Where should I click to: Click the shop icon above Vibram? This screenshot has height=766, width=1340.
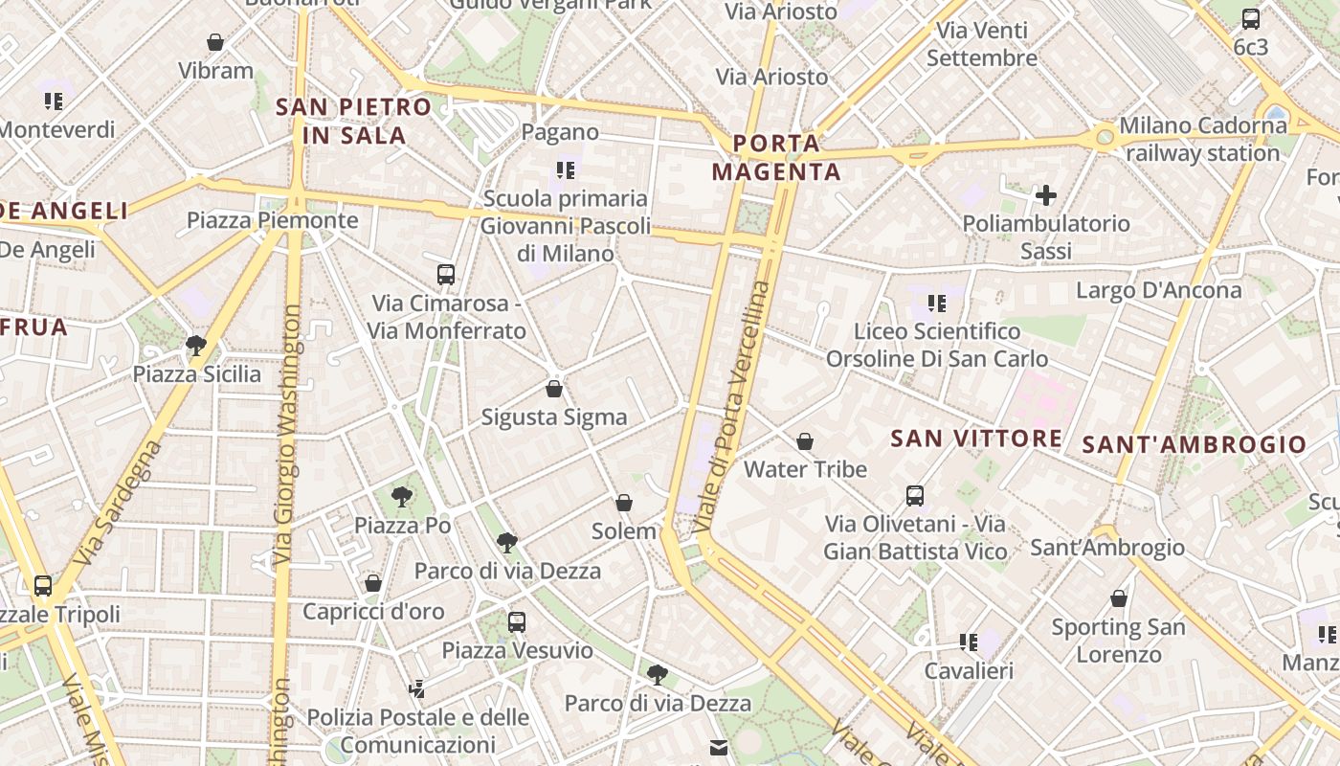pos(215,42)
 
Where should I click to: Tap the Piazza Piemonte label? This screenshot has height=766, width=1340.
pos(272,220)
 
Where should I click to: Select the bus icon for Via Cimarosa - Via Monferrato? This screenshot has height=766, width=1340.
pos(446,275)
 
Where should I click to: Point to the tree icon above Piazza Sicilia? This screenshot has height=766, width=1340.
pos(196,345)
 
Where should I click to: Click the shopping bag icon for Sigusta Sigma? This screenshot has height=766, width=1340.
pos(553,389)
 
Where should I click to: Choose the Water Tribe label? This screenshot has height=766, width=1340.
pos(805,469)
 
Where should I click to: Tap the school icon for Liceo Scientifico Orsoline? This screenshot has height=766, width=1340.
pos(937,304)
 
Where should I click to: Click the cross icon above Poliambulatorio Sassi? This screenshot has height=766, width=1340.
pos(1046,196)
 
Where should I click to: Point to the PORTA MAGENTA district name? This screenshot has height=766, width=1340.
pos(777,158)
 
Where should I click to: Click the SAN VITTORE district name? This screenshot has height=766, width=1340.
pos(976,439)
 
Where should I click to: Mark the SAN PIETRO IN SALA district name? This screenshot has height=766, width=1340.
pos(354,121)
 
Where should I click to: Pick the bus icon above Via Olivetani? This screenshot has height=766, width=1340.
pos(915,496)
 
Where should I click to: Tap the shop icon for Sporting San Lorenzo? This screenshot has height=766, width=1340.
pos(1118,599)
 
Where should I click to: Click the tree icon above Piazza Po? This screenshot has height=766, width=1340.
pos(402,497)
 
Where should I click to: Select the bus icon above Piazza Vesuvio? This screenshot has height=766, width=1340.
pos(517,622)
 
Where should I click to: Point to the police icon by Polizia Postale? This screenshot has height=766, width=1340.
pos(416,687)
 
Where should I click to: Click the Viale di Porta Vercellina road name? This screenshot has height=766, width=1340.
pos(733,407)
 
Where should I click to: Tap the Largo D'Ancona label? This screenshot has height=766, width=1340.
pos(1158,290)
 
